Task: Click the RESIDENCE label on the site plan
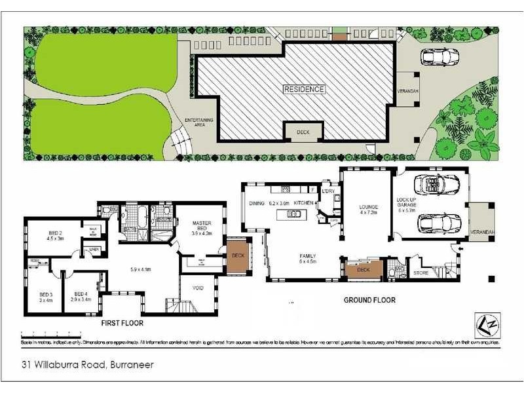(x=304, y=89)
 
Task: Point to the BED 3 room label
(x=45, y=296)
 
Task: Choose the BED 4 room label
(x=81, y=296)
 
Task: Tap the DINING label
(x=256, y=204)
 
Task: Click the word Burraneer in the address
(x=131, y=365)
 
